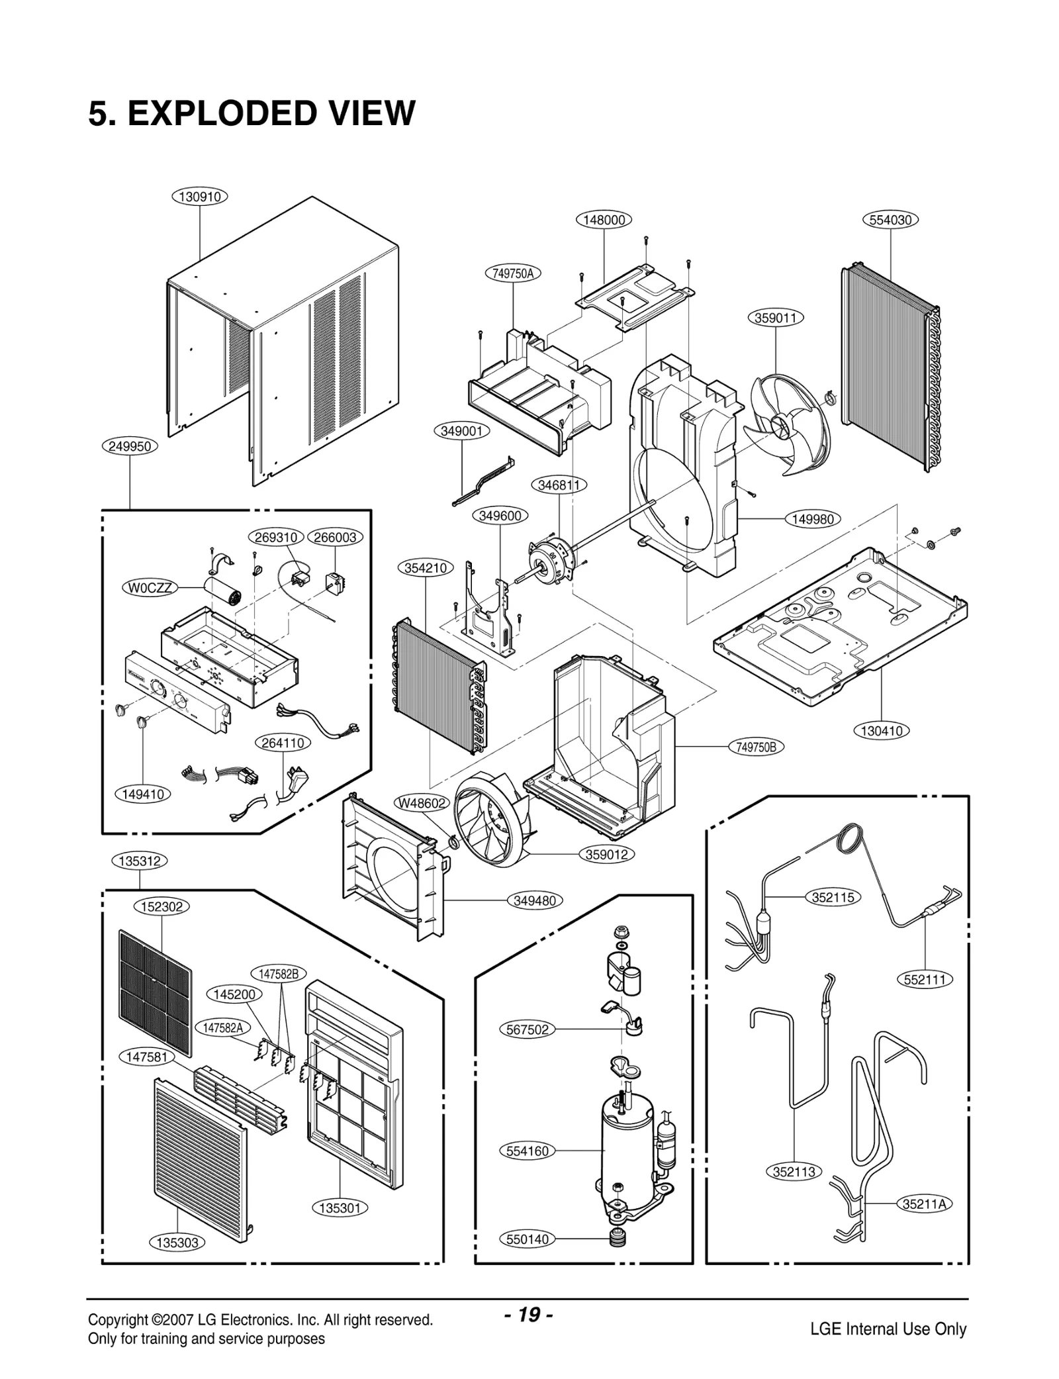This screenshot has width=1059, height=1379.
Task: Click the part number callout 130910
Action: click(200, 197)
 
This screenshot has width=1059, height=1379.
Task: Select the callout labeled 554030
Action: click(890, 220)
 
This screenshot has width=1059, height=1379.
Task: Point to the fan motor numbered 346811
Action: click(553, 559)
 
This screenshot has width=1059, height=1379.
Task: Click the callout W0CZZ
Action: click(150, 588)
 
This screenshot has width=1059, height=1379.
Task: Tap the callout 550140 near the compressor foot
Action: click(527, 1239)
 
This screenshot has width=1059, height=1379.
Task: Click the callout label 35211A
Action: click(925, 1204)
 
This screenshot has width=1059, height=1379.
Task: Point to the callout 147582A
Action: click(222, 1027)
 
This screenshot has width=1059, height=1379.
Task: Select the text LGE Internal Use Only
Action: click(888, 1329)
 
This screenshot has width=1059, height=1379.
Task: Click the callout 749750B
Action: click(755, 747)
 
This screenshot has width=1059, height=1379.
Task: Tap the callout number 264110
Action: click(283, 743)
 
